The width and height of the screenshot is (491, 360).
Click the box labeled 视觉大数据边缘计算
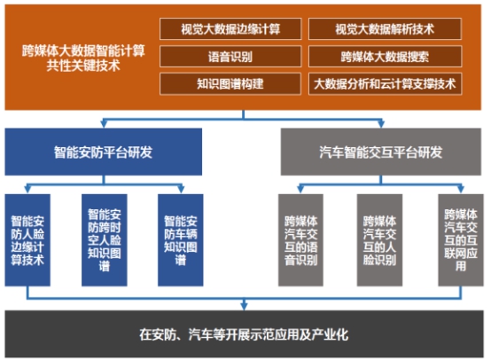pyautogui.click(x=230, y=29)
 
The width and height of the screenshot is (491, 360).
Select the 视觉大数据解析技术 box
pyautogui.click(x=385, y=29)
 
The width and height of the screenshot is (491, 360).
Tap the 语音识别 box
pyautogui.click(x=230, y=57)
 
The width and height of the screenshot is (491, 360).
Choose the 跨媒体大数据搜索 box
pyautogui.click(x=385, y=57)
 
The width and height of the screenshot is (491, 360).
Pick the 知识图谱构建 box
pyautogui.click(x=230, y=83)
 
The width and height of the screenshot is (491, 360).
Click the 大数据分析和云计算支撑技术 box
pyautogui.click(x=385, y=83)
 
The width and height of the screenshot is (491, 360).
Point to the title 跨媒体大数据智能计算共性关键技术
pyautogui.click(x=83, y=59)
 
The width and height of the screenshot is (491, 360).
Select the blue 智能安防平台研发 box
pyautogui.click(x=104, y=152)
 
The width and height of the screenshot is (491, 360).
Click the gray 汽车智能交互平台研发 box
pyautogui.click(x=381, y=152)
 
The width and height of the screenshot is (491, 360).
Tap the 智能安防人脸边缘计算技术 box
pyautogui.click(x=27, y=240)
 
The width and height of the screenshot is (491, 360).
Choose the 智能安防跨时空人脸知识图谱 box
pyautogui.click(x=105, y=240)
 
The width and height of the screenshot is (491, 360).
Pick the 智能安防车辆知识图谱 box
pyautogui.click(x=181, y=240)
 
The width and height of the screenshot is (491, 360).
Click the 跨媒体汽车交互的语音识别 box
pyautogui.click(x=300, y=240)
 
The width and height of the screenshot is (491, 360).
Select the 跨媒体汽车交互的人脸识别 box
pyautogui.click(x=379, y=240)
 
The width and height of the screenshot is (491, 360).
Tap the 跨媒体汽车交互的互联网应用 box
pyautogui.click(x=461, y=240)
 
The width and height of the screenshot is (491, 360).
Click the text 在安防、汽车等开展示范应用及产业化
pyautogui.click(x=244, y=334)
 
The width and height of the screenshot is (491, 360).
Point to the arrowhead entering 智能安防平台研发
pyautogui.click(x=104, y=124)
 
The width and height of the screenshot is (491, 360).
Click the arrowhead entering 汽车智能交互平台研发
pyautogui.click(x=381, y=124)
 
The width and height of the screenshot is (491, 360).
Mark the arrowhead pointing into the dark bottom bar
pyautogui.click(x=244, y=306)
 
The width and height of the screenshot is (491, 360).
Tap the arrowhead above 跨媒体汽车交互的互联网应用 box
pyautogui.click(x=461, y=190)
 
